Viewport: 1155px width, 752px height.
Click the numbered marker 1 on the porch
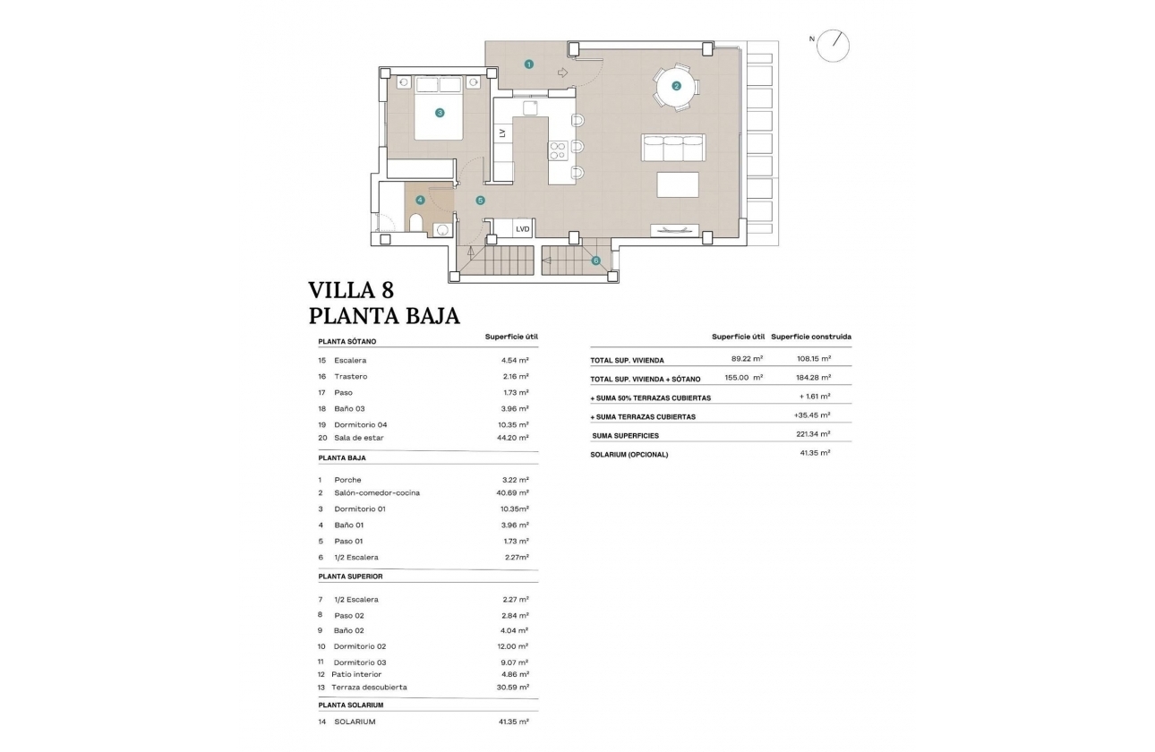pyautogui.click(x=529, y=64)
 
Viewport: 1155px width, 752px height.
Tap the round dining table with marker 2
pyautogui.click(x=677, y=86)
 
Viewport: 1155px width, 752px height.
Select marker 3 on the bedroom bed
pyautogui.click(x=440, y=113)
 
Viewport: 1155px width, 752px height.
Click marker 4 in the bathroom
pyautogui.click(x=420, y=200)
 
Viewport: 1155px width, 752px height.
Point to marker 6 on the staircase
pyautogui.click(x=595, y=261)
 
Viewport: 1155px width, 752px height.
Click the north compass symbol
pyautogui.click(x=834, y=44)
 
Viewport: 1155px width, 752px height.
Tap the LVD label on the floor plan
pyautogui.click(x=523, y=229)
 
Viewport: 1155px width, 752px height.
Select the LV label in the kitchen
pyautogui.click(x=502, y=132)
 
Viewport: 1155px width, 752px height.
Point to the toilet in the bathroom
pyautogui.click(x=415, y=223)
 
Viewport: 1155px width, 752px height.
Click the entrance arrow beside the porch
pyautogui.click(x=562, y=73)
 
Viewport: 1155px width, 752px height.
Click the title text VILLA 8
pyautogui.click(x=350, y=290)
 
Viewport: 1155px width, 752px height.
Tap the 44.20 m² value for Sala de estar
pyautogui.click(x=515, y=438)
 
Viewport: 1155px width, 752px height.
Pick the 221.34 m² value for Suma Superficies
pyautogui.click(x=815, y=434)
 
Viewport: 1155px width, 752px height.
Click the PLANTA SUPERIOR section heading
pyautogui.click(x=350, y=577)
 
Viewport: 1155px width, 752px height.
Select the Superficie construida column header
pyautogui.click(x=810, y=337)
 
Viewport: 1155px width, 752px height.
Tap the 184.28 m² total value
pyautogui.click(x=815, y=378)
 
